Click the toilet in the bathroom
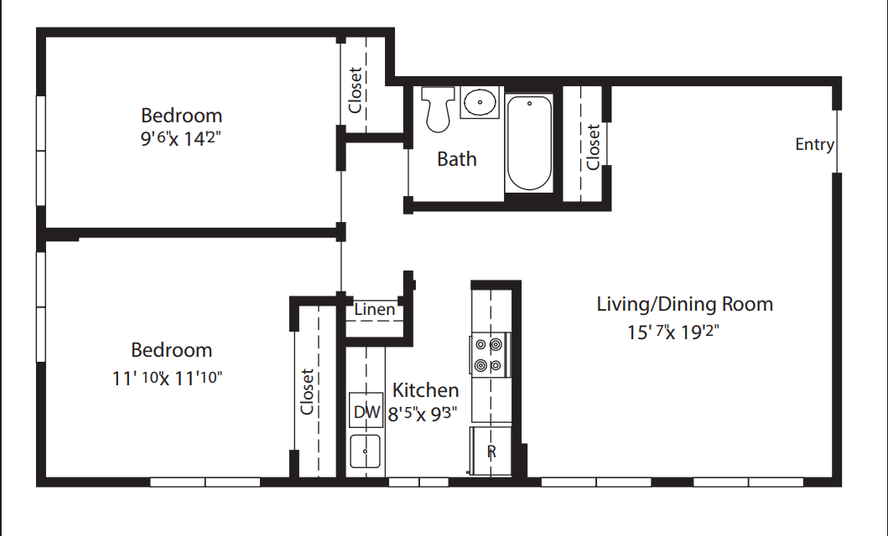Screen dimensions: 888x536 click(438, 109)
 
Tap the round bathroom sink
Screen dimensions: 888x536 click(480, 102)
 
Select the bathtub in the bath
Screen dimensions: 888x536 click(529, 142)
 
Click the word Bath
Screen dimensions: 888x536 click(456, 159)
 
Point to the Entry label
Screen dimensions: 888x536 click(814, 145)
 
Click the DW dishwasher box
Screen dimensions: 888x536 click(366, 410)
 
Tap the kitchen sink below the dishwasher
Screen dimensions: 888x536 click(365, 451)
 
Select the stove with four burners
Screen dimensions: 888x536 click(490, 355)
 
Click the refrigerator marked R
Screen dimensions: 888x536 click(491, 451)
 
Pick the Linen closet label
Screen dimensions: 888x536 click(374, 309)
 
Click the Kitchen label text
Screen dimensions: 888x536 click(425, 390)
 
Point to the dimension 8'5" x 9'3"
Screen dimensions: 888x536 click(423, 414)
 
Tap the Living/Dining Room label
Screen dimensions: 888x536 click(685, 304)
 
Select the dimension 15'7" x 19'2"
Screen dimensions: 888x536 click(672, 332)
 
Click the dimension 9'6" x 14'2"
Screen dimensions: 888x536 click(180, 138)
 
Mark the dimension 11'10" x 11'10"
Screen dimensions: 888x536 click(167, 378)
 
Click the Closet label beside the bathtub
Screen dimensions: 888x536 click(593, 147)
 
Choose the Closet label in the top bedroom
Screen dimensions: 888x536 click(355, 90)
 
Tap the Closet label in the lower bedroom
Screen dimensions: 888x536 click(307, 392)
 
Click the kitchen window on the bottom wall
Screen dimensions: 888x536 click(418, 482)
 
